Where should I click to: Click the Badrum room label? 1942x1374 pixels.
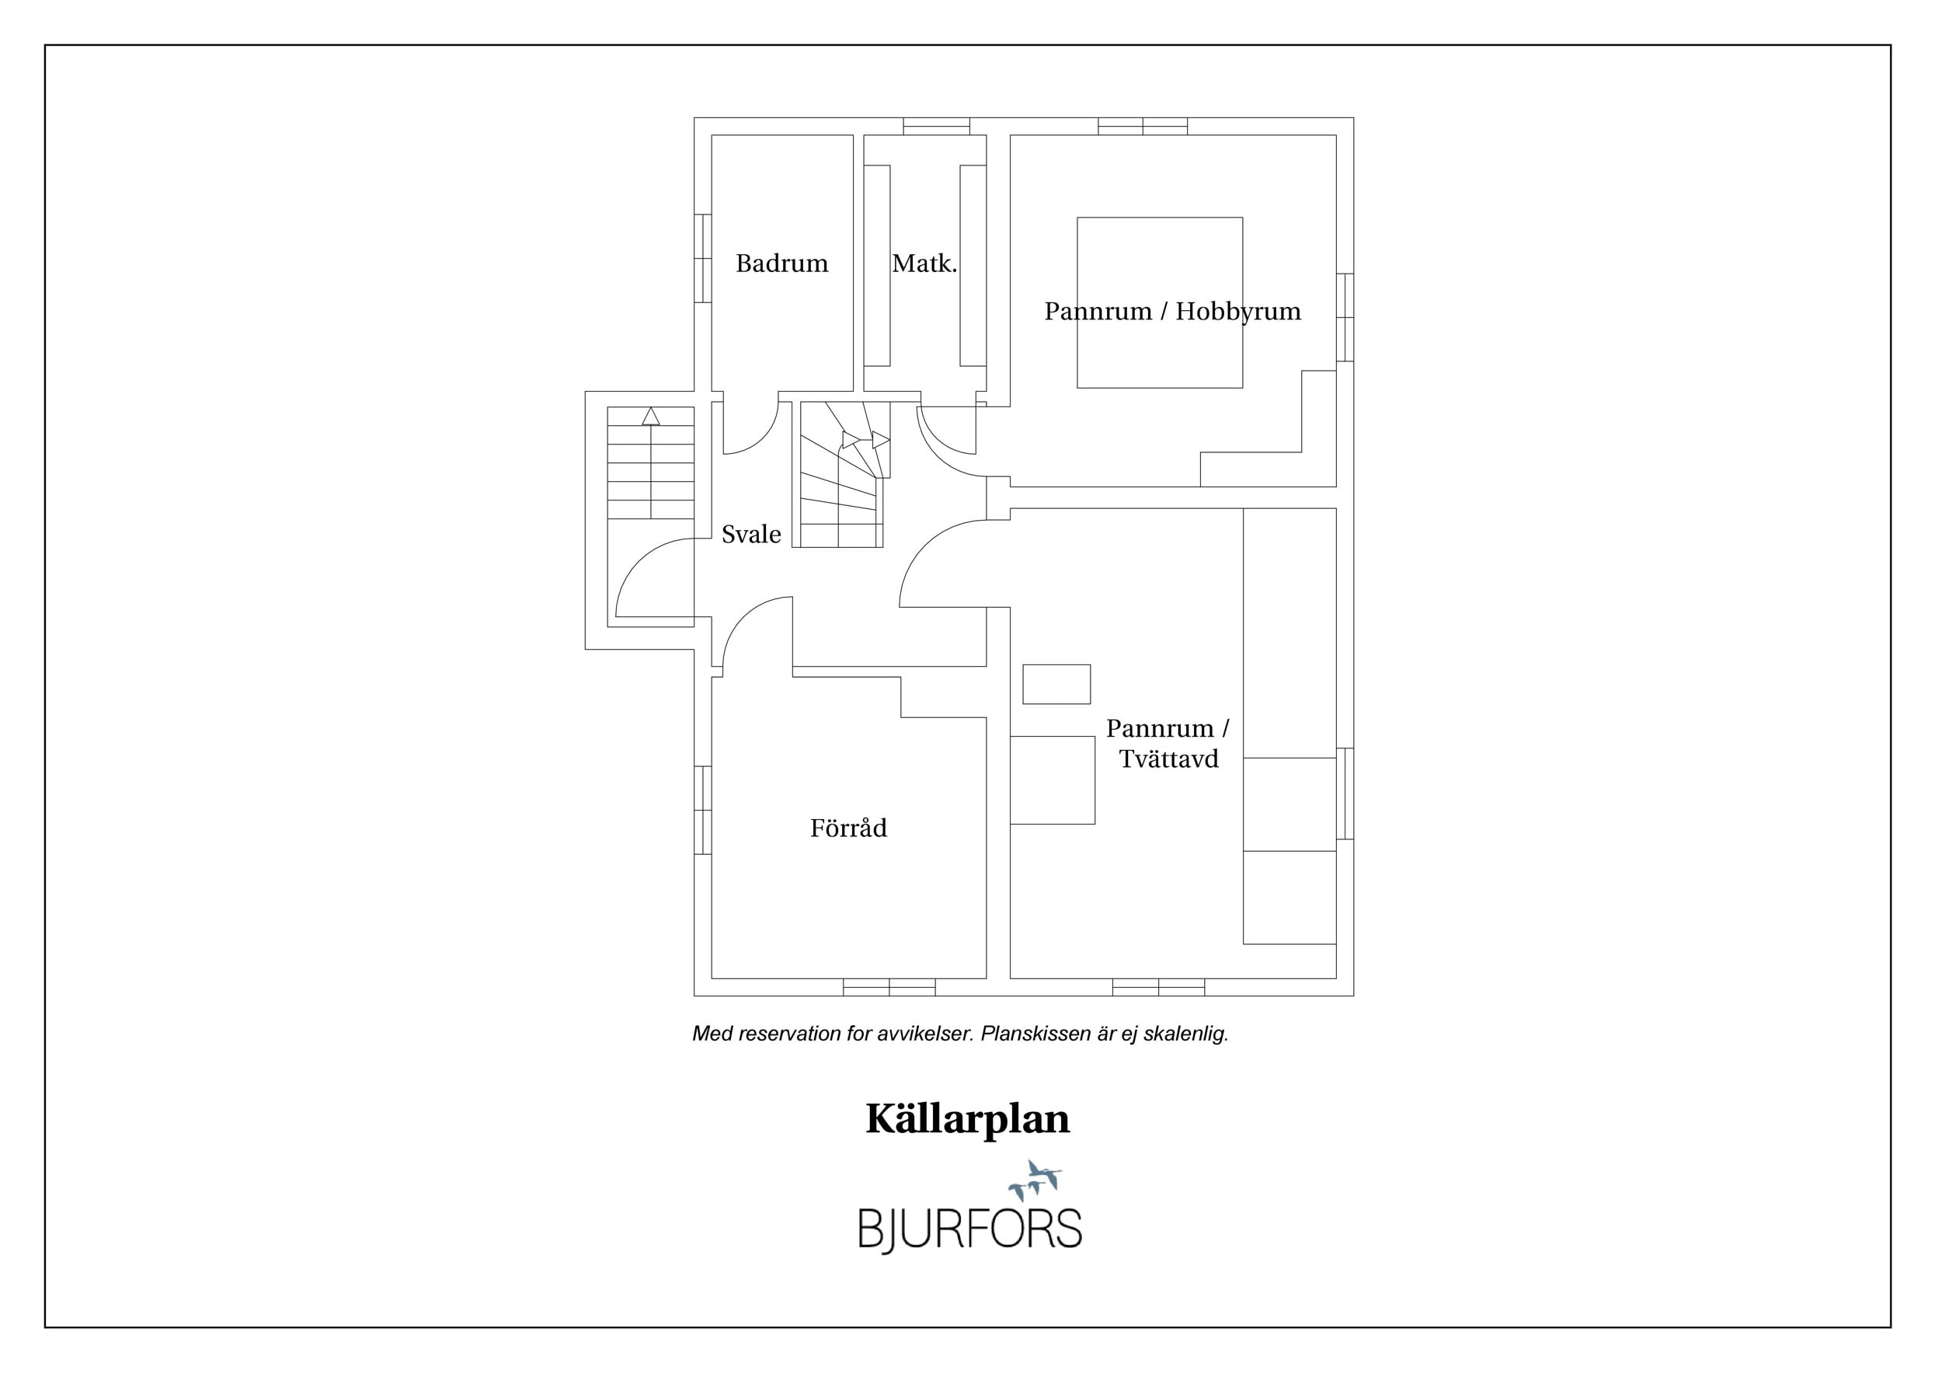(781, 263)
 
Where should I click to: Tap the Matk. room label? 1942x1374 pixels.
(924, 263)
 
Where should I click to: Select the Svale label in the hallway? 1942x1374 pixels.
(751, 534)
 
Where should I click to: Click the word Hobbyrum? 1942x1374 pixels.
(1238, 312)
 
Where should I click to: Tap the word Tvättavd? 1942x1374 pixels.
(1169, 759)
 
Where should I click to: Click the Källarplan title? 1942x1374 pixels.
(968, 1120)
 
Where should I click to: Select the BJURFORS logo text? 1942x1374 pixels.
(970, 1229)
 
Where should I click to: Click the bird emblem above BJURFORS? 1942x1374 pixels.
(1035, 1181)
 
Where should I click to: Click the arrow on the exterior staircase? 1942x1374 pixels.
(650, 462)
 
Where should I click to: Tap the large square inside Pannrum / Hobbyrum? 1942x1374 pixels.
(1160, 303)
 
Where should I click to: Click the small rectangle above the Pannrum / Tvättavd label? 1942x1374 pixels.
(1056, 685)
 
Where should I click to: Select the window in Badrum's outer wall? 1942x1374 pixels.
(703, 258)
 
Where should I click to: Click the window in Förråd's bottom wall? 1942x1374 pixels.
(889, 987)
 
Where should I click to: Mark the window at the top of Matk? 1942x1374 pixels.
(936, 126)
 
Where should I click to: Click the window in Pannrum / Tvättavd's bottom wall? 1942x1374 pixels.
(1159, 987)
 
